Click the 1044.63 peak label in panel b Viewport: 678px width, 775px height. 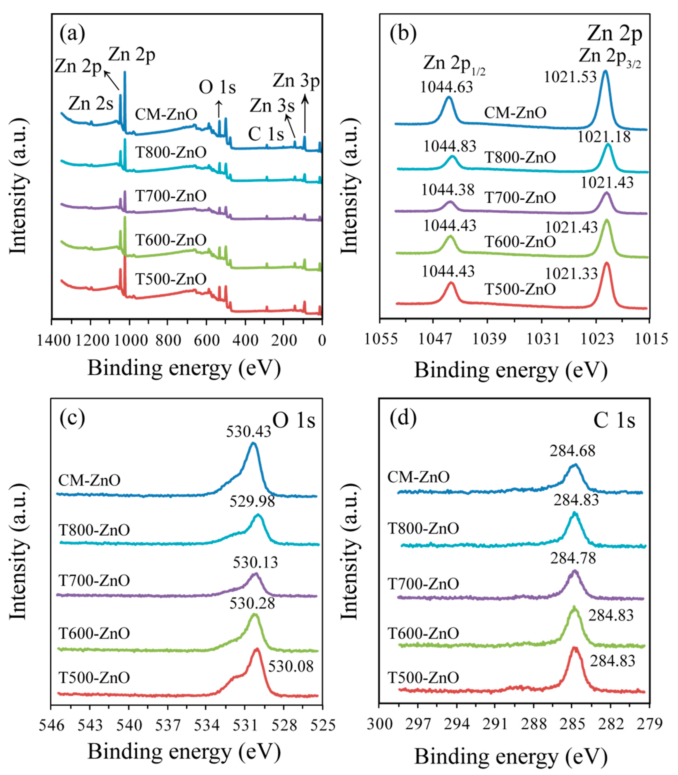[447, 87]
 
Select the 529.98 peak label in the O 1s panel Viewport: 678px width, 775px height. [252, 501]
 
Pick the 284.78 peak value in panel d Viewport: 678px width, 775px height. [573, 558]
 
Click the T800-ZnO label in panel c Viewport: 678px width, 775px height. [94, 530]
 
